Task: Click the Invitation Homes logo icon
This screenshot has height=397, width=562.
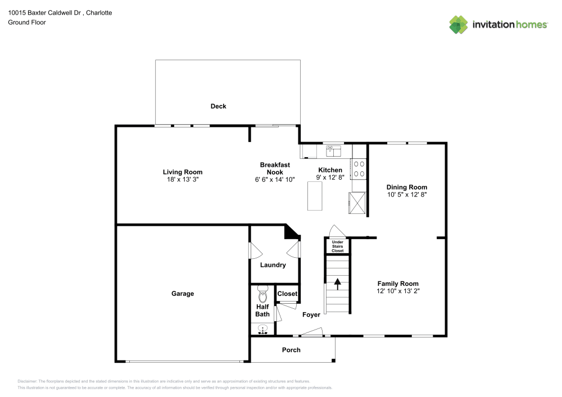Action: tap(458, 24)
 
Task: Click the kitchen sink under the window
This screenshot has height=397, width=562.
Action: tap(334, 151)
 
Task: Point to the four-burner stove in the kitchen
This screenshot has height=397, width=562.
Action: tap(359, 168)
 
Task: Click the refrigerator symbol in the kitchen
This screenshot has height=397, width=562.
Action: tap(357, 202)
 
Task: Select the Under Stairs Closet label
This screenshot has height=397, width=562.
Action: tap(337, 246)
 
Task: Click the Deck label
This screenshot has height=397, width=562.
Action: tap(218, 106)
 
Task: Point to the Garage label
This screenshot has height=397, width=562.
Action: tap(183, 294)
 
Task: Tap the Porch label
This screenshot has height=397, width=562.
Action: tap(291, 350)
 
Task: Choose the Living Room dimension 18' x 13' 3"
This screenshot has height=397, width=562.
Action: tap(183, 180)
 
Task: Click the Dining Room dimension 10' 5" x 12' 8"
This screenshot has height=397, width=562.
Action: tap(406, 195)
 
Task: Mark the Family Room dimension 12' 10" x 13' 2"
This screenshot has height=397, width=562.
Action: tap(398, 291)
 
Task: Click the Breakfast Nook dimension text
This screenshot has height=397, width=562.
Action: tap(275, 180)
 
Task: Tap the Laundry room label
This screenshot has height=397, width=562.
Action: tap(273, 265)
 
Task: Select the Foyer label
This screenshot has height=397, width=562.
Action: tap(311, 315)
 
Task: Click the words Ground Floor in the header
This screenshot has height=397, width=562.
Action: tap(27, 22)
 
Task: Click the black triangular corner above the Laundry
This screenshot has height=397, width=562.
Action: tap(292, 231)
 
